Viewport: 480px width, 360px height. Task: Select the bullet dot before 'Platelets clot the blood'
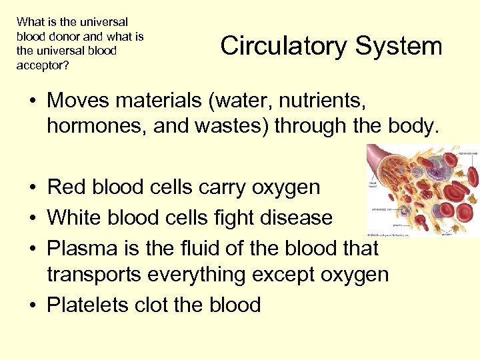coord(33,305)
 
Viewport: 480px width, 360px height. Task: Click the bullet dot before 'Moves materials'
coord(33,102)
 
